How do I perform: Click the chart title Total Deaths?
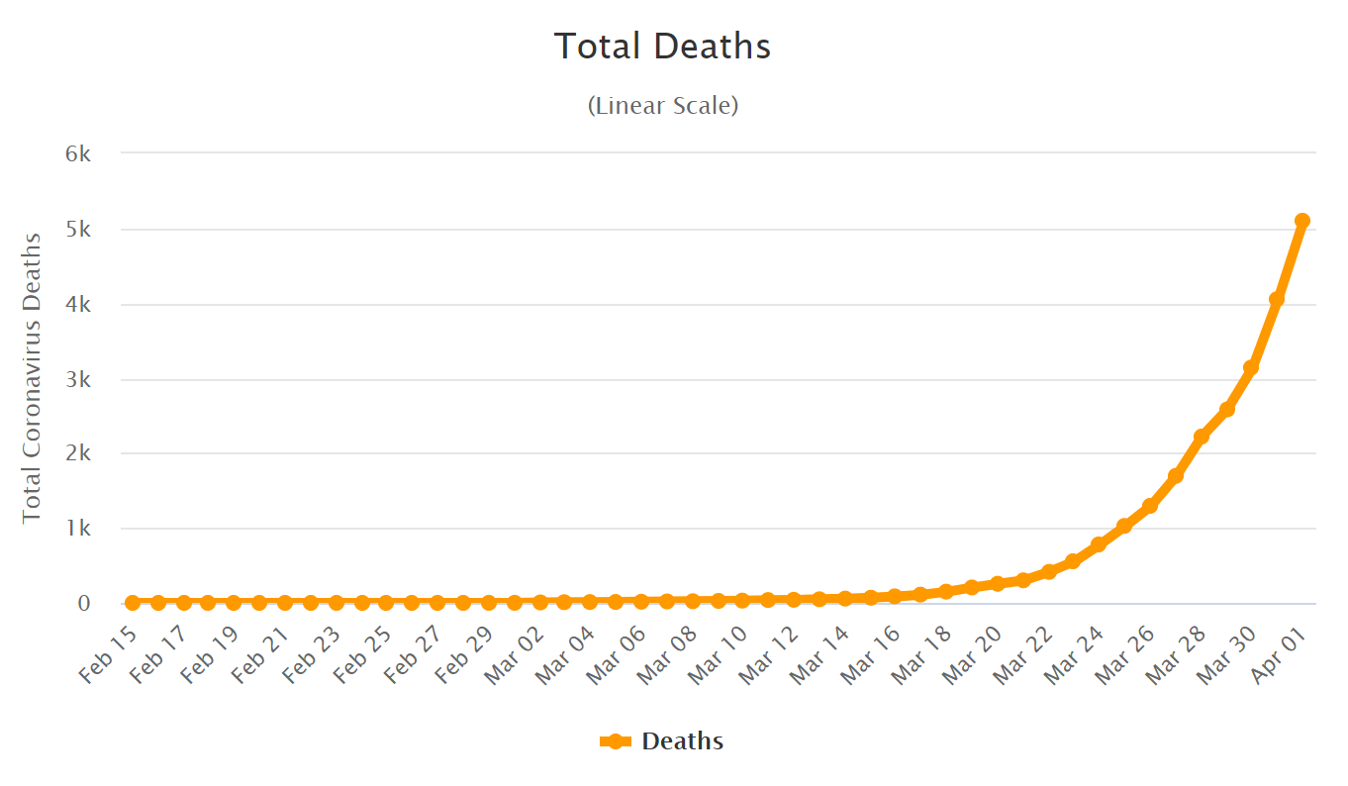click(x=662, y=47)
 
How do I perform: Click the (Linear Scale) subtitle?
click(x=662, y=105)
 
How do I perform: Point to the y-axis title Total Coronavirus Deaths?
click(x=32, y=377)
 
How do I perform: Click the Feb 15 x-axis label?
click(x=109, y=655)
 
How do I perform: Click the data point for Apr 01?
click(x=1302, y=221)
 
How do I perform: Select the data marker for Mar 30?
click(x=1251, y=367)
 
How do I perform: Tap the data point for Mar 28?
click(x=1201, y=437)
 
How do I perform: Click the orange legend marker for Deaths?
click(x=616, y=741)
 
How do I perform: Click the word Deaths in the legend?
click(x=682, y=741)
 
